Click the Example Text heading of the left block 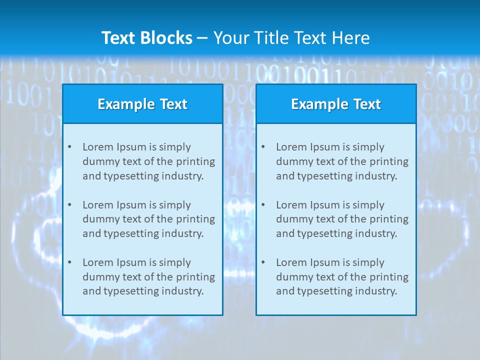[142, 104]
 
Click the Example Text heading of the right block [336, 104]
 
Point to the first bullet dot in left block [69, 147]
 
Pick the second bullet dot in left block [69, 205]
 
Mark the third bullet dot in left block [69, 262]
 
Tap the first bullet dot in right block [263, 147]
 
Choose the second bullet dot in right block [263, 205]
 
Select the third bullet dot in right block [263, 262]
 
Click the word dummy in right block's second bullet [293, 219]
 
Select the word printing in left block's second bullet [196, 219]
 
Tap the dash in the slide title [202, 38]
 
